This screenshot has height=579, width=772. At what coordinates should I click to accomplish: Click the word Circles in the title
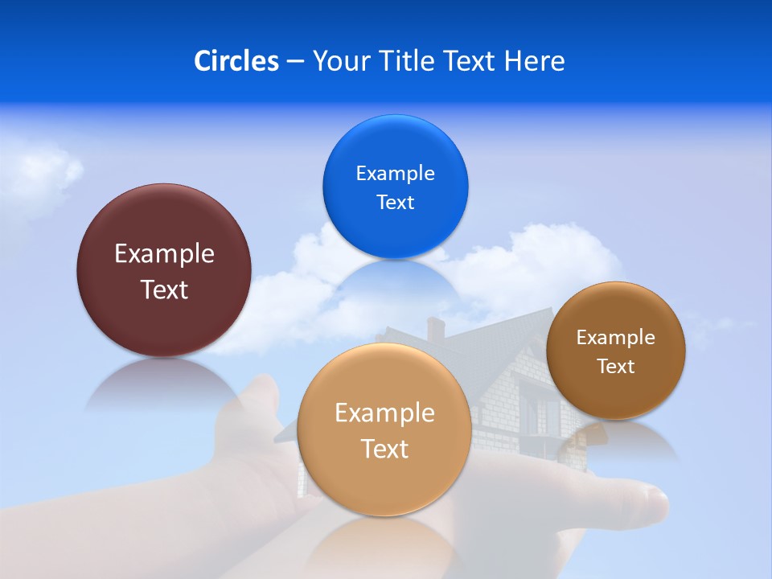[x=236, y=61]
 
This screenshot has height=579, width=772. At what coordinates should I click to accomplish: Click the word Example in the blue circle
[x=395, y=174]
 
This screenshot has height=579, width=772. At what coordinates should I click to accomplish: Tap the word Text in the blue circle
[x=395, y=203]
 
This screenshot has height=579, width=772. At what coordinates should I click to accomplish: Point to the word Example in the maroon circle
[x=164, y=254]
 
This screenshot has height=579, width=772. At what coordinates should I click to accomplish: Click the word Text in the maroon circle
[x=164, y=290]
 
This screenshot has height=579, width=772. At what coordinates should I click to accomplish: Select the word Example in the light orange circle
[x=384, y=413]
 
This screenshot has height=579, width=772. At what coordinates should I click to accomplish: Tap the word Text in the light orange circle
[x=384, y=450]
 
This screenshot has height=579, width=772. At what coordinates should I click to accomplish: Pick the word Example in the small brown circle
[x=616, y=338]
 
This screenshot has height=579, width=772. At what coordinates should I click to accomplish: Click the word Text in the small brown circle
[x=616, y=367]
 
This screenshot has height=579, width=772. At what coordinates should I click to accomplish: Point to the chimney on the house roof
[x=435, y=328]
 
